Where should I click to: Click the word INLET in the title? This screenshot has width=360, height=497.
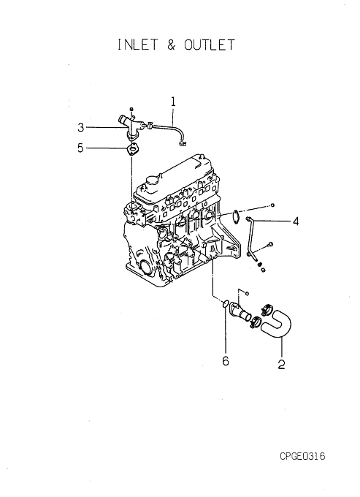(137, 45)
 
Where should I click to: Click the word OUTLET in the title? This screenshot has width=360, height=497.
(210, 45)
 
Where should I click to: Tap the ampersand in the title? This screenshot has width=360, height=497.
(171, 45)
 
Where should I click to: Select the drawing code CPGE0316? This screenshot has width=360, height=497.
(302, 456)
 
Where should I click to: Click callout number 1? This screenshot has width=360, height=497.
(173, 102)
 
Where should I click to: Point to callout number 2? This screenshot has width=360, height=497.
(281, 364)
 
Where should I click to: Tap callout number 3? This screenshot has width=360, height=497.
(81, 127)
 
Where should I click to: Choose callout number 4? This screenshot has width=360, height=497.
(296, 221)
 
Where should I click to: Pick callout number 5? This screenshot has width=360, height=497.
(81, 148)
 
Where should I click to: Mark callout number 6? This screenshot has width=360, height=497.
(226, 361)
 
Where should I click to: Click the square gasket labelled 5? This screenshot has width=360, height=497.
(132, 149)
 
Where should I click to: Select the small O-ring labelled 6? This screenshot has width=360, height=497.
(225, 304)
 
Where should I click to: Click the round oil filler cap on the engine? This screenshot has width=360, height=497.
(150, 180)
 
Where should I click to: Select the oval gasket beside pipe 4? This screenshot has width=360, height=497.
(236, 216)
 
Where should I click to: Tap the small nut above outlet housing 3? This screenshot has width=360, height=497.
(132, 109)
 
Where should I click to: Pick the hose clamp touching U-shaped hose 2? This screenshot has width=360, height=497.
(267, 308)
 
